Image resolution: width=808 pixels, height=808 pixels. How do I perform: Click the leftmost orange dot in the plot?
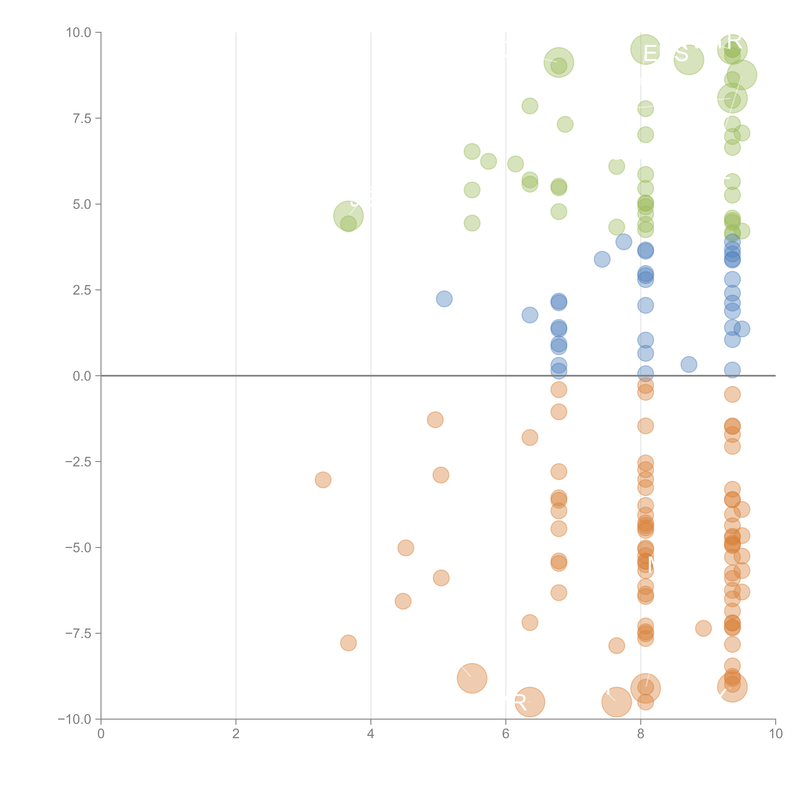(x=323, y=480)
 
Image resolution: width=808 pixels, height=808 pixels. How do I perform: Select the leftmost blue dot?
(x=444, y=299)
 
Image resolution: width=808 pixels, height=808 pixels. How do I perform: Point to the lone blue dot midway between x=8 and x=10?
(x=689, y=364)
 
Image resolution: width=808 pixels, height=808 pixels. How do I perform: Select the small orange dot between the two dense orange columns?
(x=703, y=628)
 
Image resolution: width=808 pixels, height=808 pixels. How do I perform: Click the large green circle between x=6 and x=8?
(x=559, y=62)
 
